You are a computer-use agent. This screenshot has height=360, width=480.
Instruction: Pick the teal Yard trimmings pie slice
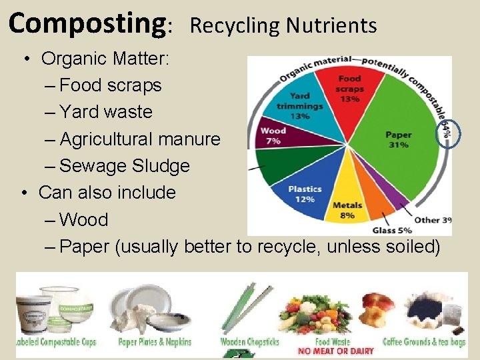300,107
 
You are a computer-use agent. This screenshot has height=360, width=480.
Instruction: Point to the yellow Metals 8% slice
347,203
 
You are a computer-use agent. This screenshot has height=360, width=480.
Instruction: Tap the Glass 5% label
391,230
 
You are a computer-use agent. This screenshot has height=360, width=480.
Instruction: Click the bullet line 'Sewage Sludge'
125,166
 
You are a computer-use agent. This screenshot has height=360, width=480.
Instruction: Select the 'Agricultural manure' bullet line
140,139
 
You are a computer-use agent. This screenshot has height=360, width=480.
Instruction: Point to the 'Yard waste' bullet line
106,112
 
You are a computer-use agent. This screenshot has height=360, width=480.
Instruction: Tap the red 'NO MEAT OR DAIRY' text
336,351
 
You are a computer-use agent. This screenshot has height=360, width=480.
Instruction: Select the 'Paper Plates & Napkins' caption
155,342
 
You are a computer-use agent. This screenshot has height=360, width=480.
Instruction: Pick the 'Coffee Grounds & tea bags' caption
425,342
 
